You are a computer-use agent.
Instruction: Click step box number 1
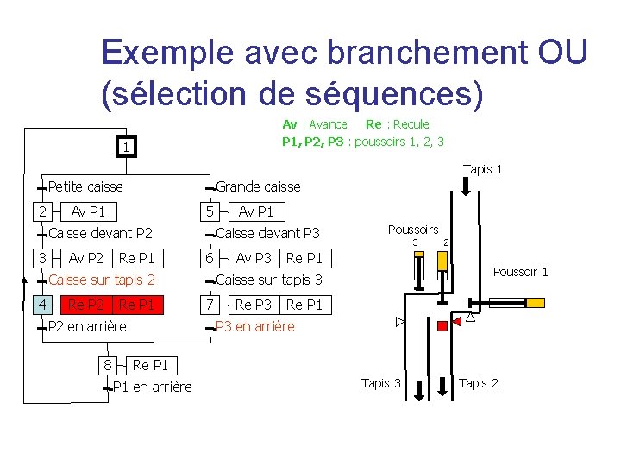click(x=126, y=148)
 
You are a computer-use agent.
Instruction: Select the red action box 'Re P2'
click(x=86, y=305)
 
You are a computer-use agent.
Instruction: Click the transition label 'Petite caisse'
click(x=85, y=186)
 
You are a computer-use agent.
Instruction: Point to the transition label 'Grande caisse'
click(x=258, y=186)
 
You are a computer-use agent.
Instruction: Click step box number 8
click(x=107, y=365)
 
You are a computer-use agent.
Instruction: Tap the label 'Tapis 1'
click(x=482, y=169)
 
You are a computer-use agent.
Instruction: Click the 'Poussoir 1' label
click(x=520, y=272)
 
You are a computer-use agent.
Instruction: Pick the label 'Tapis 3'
click(x=381, y=383)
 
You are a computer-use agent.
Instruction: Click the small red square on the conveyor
click(x=442, y=325)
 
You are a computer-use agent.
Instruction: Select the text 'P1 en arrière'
click(x=154, y=387)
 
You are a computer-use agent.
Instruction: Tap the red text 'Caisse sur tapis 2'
click(x=102, y=280)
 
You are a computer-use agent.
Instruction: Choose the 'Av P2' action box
click(x=86, y=258)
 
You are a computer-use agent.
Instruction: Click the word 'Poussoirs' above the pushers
click(x=413, y=230)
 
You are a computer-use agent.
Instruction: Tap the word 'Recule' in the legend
click(x=411, y=124)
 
